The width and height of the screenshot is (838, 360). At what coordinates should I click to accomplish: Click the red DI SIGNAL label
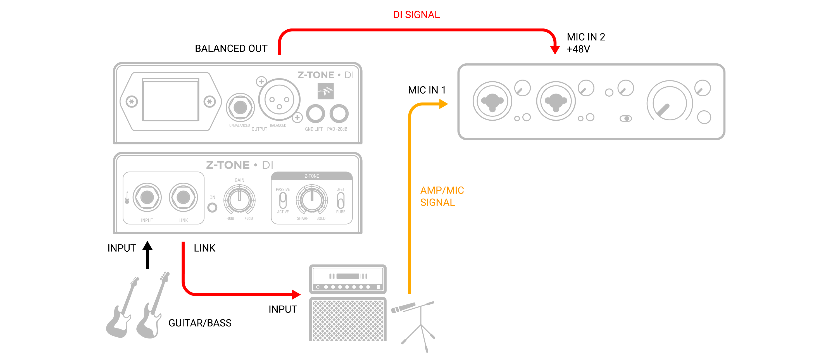(x=416, y=15)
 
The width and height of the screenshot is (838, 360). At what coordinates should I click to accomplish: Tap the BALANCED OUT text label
(x=231, y=48)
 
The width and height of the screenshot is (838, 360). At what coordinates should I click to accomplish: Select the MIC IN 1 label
(x=427, y=90)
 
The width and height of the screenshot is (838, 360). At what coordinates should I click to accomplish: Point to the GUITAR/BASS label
(x=200, y=323)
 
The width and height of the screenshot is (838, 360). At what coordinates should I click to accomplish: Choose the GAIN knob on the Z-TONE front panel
(x=239, y=199)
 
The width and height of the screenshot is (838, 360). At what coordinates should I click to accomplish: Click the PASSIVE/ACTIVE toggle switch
(x=283, y=200)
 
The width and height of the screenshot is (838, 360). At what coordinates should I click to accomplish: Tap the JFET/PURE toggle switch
(x=340, y=200)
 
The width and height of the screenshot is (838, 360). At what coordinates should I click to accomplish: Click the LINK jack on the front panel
(x=183, y=197)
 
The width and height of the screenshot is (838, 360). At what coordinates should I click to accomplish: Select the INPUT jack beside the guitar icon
(x=147, y=197)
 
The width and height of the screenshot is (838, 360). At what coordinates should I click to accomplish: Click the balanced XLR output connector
(x=279, y=99)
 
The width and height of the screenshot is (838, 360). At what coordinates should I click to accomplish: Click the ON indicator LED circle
(x=212, y=207)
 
